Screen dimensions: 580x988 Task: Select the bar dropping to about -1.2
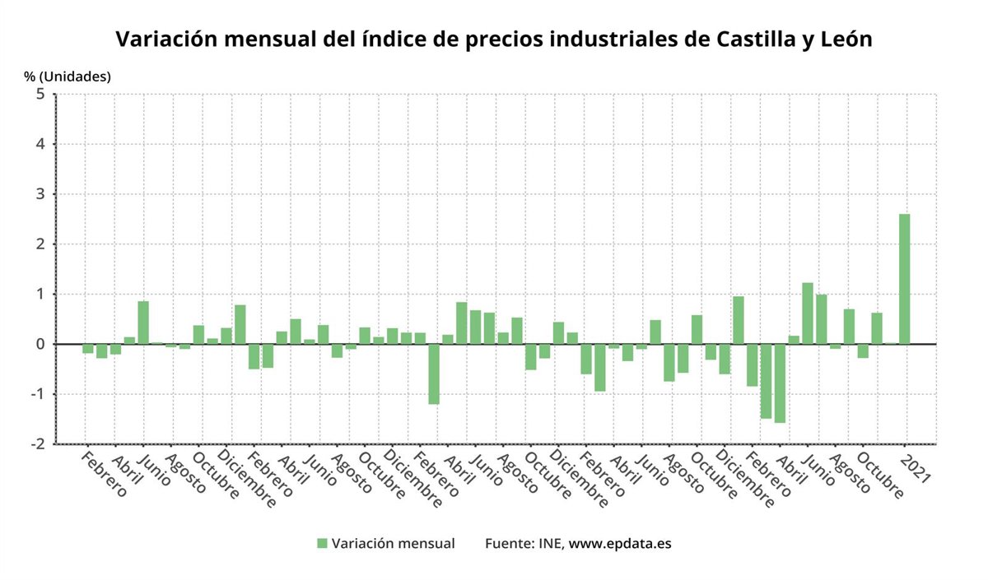[433, 374]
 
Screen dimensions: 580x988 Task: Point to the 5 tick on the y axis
[40, 94]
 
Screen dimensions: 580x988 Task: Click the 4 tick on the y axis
[40, 144]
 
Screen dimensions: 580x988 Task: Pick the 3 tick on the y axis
[40, 194]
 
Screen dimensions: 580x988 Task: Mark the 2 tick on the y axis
[40, 244]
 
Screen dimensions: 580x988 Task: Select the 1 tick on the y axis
[40, 294]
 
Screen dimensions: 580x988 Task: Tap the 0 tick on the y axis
[40, 344]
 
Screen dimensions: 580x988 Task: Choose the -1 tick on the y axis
[36, 394]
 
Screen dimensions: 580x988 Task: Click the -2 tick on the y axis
[36, 444]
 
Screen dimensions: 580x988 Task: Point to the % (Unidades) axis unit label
[67, 77]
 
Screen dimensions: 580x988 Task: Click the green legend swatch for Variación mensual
[323, 543]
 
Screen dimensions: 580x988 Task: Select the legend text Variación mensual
[393, 543]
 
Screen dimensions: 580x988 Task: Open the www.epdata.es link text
[620, 543]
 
